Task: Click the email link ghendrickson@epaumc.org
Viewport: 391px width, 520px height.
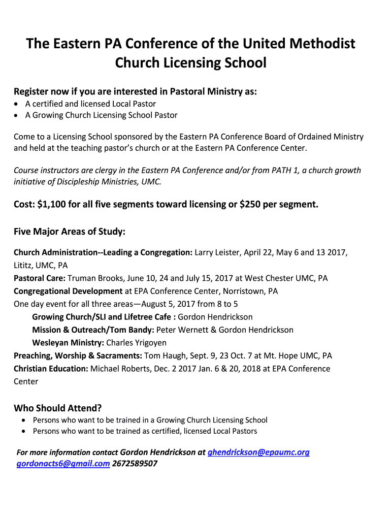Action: (258, 452)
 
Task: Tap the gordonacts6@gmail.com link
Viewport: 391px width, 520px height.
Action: (63, 464)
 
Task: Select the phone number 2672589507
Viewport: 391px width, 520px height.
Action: (135, 464)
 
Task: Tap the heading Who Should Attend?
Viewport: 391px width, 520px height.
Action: (57, 408)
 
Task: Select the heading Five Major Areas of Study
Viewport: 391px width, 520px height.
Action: (69, 232)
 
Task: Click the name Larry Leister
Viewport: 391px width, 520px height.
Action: (218, 252)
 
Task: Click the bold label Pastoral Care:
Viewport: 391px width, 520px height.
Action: (40, 278)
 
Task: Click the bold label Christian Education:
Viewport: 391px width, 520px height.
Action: (51, 369)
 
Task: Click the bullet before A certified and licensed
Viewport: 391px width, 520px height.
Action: (18, 104)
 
